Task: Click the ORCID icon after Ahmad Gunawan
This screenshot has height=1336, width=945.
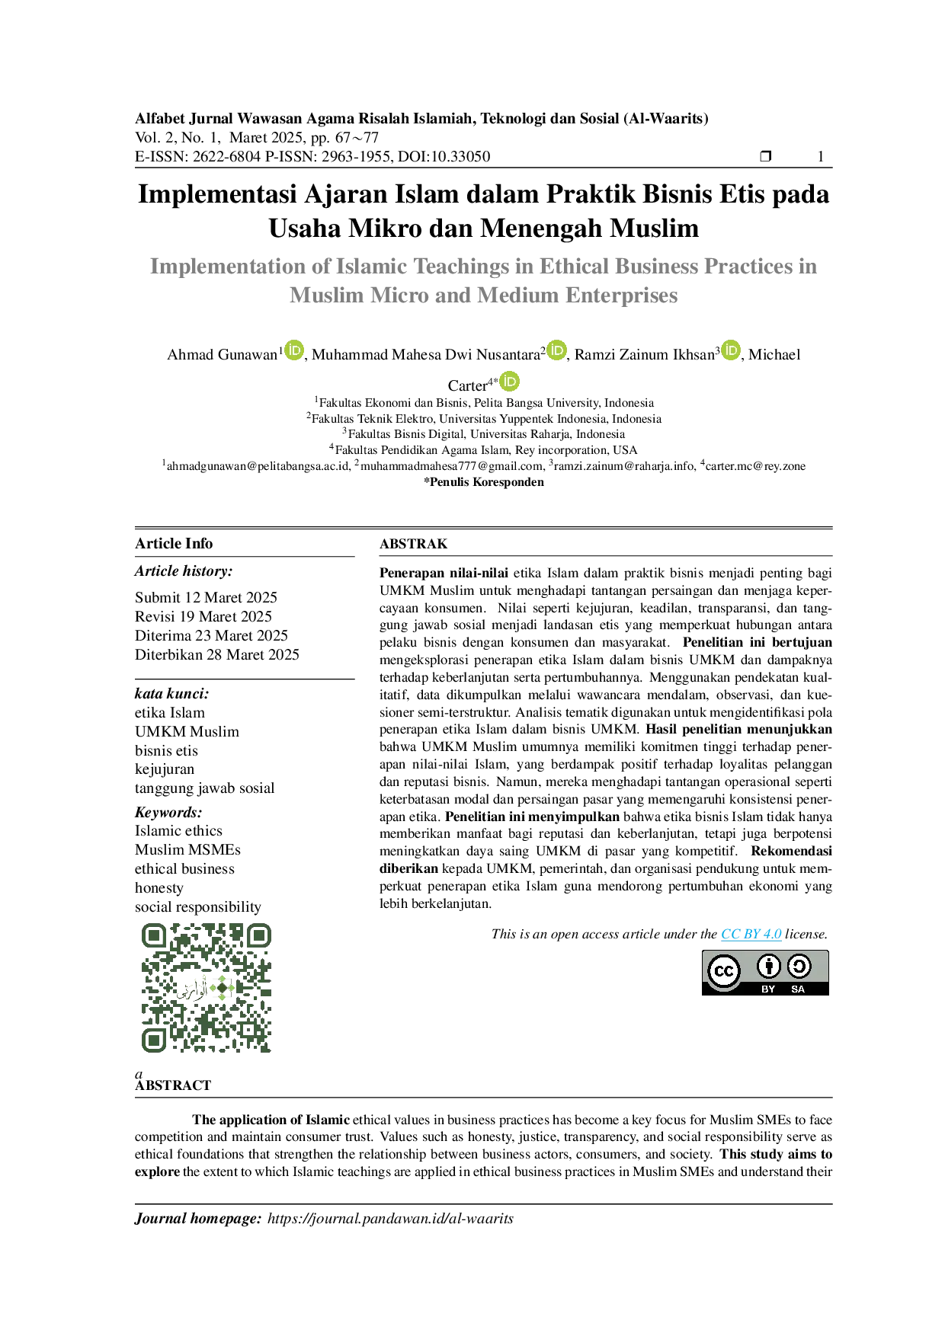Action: coord(294,350)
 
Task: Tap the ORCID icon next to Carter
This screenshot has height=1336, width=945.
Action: coord(509,382)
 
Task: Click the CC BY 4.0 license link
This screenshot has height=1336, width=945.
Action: coord(751,934)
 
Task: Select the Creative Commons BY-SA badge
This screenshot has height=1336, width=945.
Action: coord(765,973)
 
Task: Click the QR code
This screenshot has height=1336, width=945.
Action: coord(207,988)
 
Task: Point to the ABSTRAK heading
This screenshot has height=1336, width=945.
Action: coord(414,544)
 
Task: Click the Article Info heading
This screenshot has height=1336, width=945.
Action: coord(174,543)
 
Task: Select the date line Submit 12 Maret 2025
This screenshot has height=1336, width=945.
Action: coord(206,597)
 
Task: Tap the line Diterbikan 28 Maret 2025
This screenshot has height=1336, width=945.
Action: coord(217,654)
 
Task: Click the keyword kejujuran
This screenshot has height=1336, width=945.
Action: coord(165,769)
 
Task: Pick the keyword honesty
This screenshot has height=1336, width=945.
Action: coord(159,888)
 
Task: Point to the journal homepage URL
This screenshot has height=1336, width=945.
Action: coord(390,1219)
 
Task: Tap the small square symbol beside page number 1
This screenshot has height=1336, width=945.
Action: coord(766,156)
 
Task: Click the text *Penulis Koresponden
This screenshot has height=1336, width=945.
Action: coord(484,482)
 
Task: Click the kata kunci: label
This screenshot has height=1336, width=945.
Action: coord(172,693)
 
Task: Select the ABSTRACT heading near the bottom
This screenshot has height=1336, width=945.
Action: coord(173,1085)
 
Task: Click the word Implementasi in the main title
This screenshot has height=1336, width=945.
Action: coord(217,194)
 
